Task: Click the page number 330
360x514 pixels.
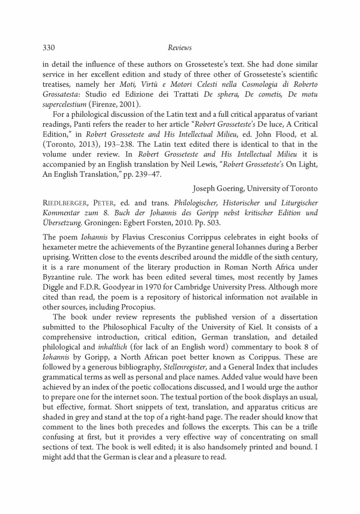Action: [49, 48]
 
